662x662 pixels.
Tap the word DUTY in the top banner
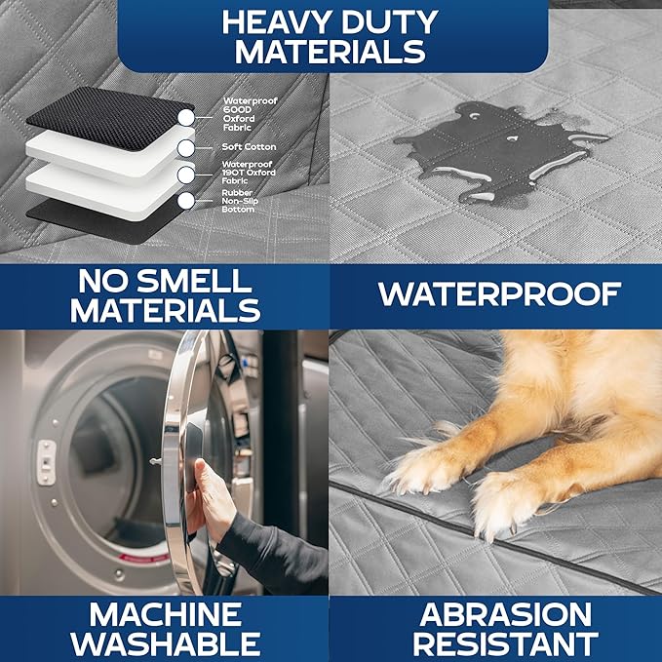390,22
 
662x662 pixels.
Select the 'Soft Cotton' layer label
249,147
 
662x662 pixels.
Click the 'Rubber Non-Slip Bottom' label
240,201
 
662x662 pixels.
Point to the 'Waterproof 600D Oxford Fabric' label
251,114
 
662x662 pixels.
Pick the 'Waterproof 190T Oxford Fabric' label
249,173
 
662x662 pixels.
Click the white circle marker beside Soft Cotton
186,148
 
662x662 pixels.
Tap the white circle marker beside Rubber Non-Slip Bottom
186,201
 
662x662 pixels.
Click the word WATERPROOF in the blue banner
499,293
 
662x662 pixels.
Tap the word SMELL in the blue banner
194,281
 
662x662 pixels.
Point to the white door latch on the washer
46,462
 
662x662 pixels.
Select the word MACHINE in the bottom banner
165,614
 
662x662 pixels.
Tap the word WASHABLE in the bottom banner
165,643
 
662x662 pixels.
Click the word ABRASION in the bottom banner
505,614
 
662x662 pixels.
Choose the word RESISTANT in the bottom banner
505,643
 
